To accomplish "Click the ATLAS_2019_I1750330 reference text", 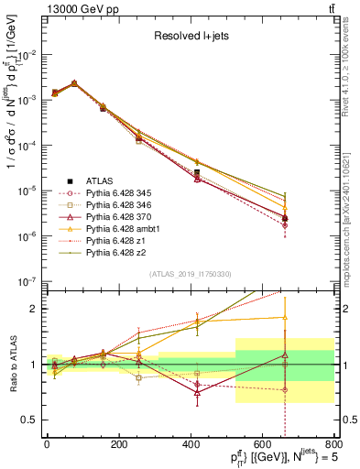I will coord(190,274).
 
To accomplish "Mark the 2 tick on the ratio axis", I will coord(35,309).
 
